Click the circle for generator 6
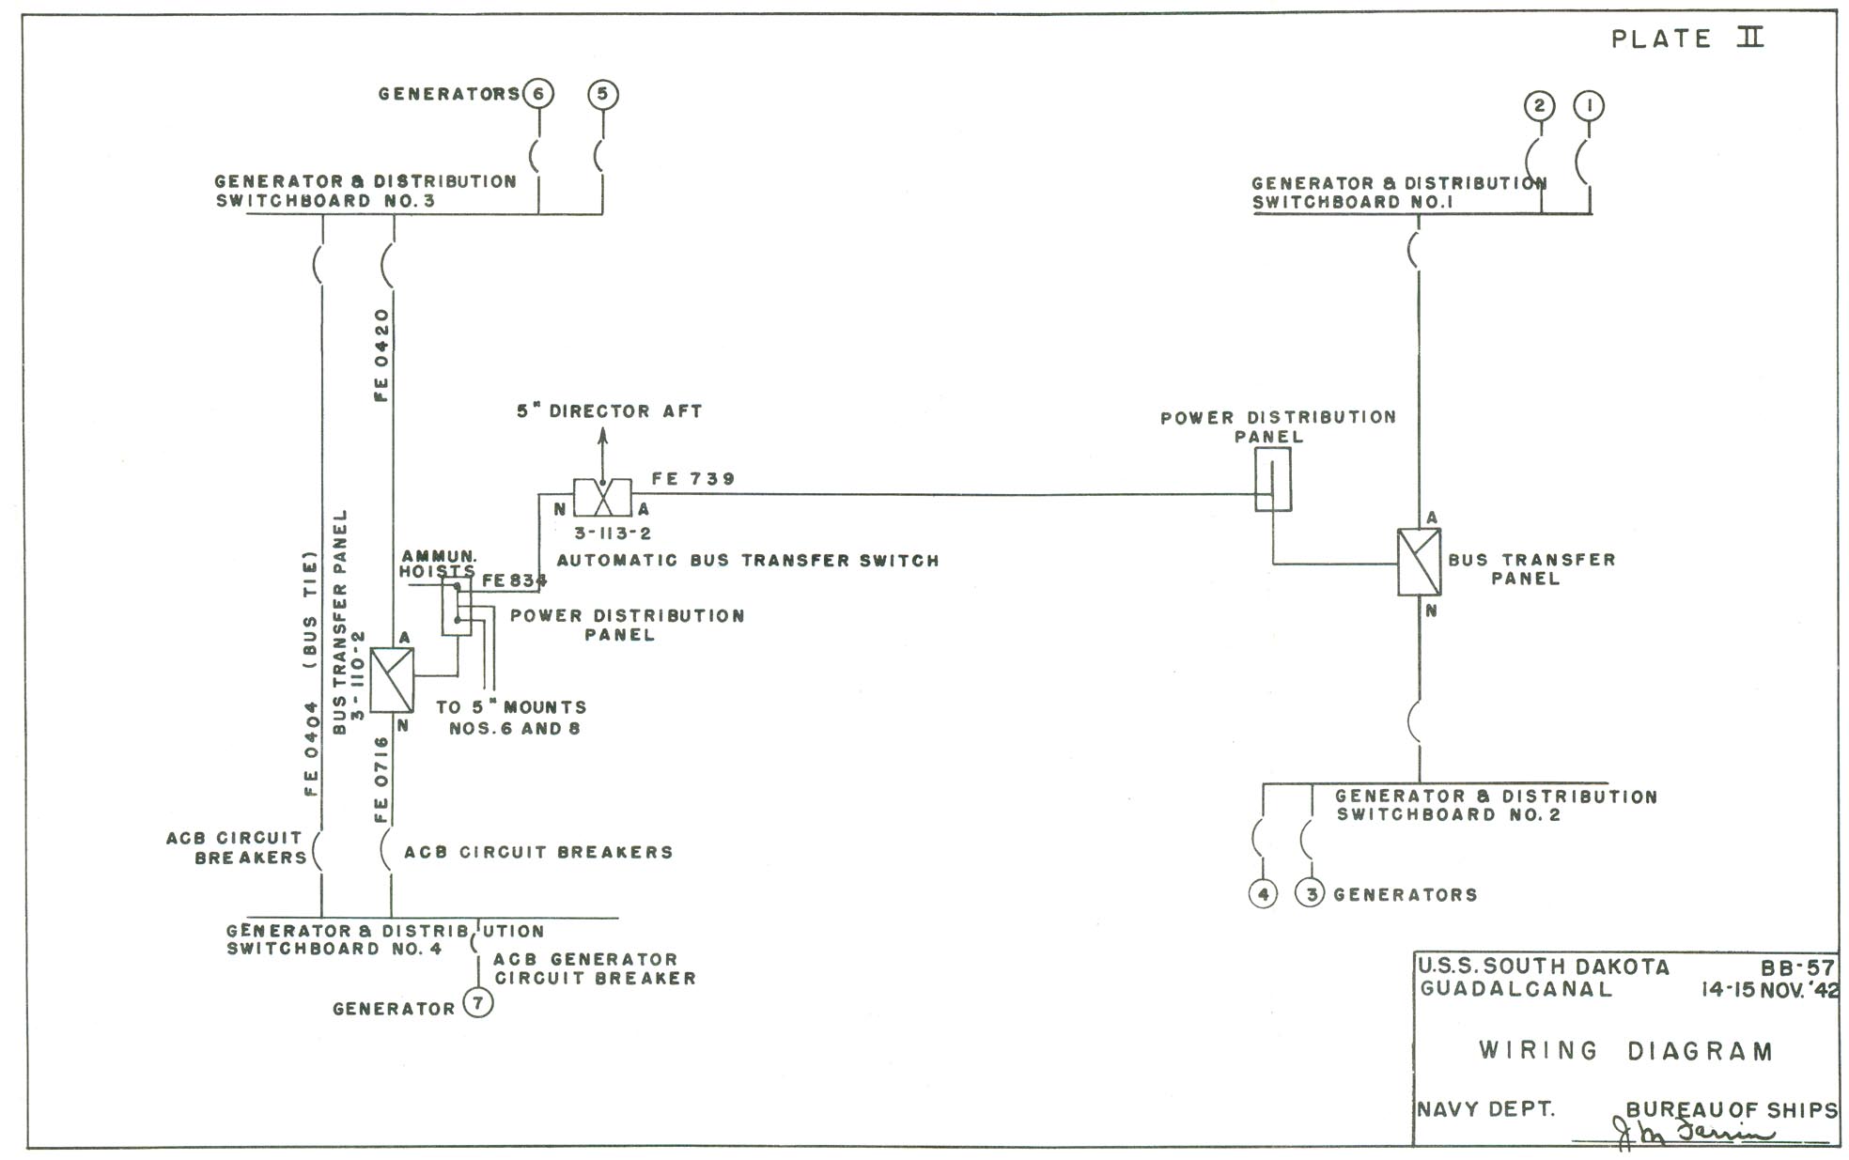pos(538,94)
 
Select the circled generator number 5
pos(603,94)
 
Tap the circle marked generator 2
pos(1539,105)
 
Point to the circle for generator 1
pos(1590,105)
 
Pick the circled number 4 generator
pos(1264,893)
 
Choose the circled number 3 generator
pos(1312,893)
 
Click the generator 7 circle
pos(478,1003)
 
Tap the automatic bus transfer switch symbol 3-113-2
pos(603,497)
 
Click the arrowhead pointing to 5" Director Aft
pos(603,437)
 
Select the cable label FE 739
pos(693,479)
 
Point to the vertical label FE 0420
pos(381,355)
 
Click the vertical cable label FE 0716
pos(381,780)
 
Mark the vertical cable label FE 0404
pos(312,750)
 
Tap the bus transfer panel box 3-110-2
pos(392,680)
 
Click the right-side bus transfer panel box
pos(1420,562)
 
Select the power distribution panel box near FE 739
pos(1273,479)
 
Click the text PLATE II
pos(1687,39)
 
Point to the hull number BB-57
pos(1797,967)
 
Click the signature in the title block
pos(1696,1133)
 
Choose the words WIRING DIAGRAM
pos(1625,1050)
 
